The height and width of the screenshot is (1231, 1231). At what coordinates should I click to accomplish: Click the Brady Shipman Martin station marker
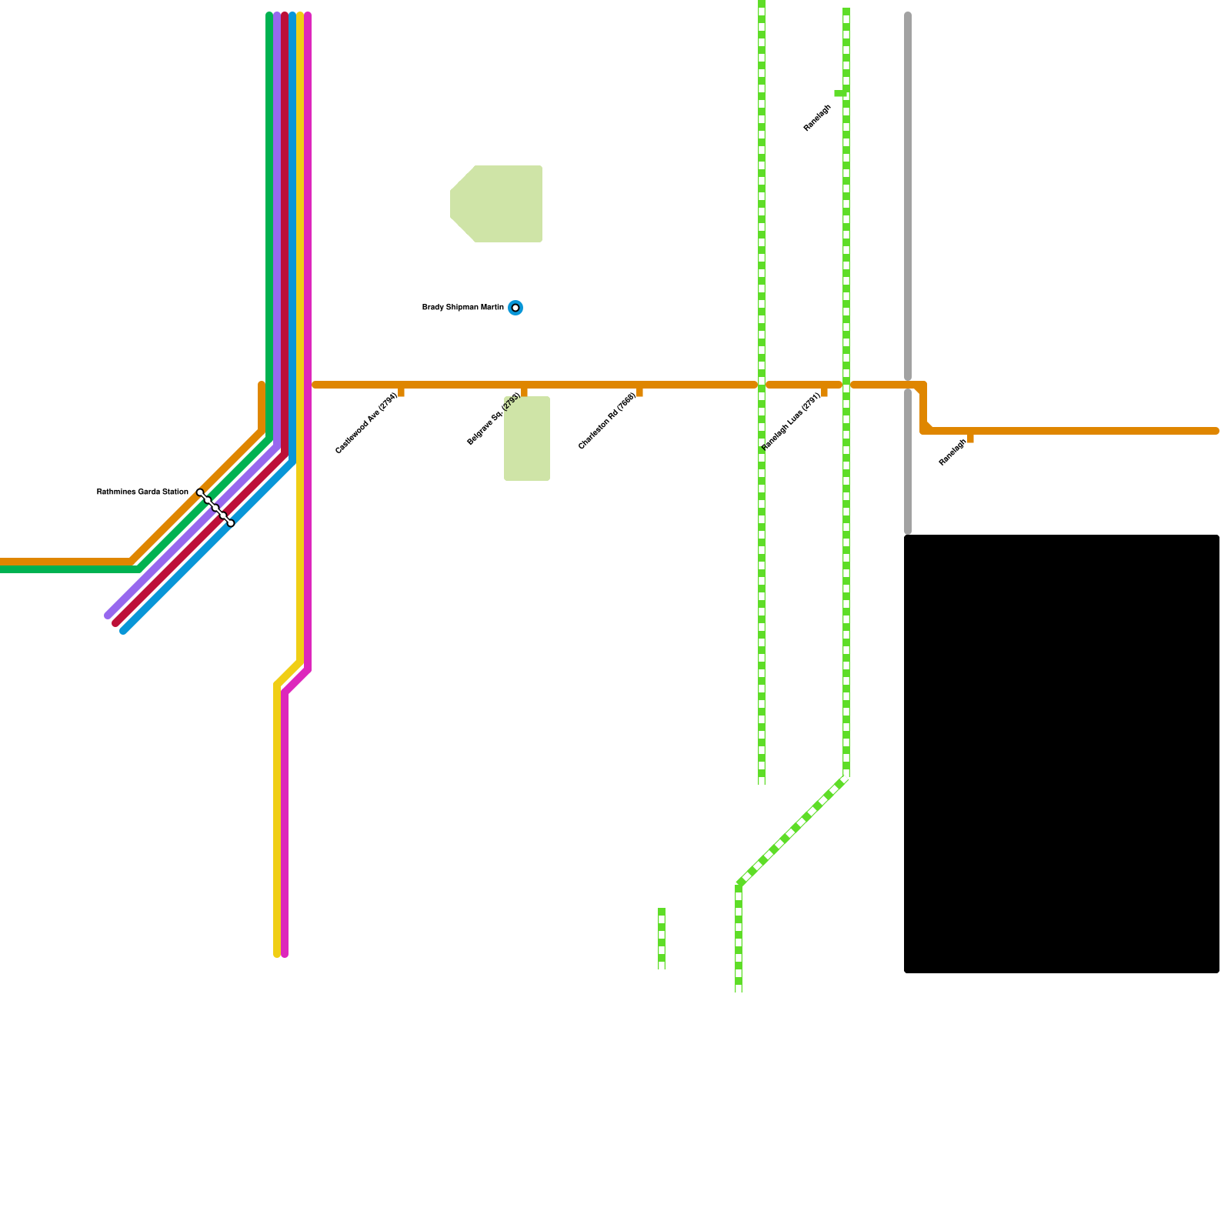[x=515, y=308]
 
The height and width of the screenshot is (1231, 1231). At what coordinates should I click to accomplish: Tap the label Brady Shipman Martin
[x=462, y=308]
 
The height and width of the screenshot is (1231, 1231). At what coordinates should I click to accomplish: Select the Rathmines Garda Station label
[x=142, y=492]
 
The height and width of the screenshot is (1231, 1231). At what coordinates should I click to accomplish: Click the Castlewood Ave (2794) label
[x=366, y=424]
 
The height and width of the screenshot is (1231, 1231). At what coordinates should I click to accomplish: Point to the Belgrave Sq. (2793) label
[x=494, y=419]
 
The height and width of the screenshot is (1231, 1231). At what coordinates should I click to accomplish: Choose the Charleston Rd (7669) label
[x=607, y=422]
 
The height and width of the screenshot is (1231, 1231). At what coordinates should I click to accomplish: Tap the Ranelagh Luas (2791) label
[x=791, y=422]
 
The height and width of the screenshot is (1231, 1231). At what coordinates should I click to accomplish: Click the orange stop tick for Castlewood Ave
[x=401, y=392]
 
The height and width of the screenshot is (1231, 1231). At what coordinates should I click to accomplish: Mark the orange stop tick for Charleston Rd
[x=639, y=392]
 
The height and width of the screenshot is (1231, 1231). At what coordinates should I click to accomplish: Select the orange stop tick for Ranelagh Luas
[x=824, y=392]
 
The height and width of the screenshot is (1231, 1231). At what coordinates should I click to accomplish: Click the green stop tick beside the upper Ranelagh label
[x=839, y=93]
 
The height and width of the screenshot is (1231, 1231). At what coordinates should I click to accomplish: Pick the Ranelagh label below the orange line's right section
[x=952, y=452]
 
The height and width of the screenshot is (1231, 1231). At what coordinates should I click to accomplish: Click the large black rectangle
[x=1062, y=754]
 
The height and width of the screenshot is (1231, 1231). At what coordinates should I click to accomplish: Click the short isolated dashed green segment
[x=662, y=939]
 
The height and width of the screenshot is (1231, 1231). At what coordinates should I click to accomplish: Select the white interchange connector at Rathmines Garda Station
[x=215, y=508]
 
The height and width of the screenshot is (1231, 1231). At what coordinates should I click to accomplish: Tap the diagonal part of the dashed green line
[x=792, y=831]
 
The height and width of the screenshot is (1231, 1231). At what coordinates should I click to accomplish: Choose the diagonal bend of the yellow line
[x=289, y=672]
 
